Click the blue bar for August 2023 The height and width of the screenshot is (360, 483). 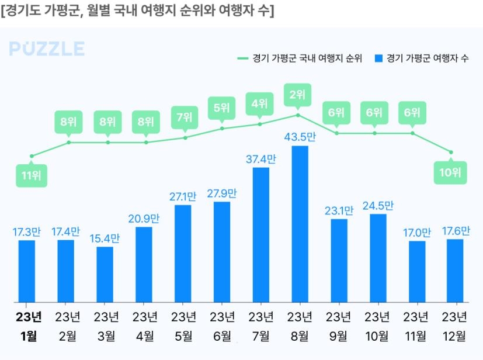click(300, 224)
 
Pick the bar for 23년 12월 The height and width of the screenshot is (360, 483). click(455, 271)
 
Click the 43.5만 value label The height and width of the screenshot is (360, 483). click(300, 137)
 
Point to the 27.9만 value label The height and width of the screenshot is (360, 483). click(222, 193)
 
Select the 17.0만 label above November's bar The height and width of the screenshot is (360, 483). click(416, 232)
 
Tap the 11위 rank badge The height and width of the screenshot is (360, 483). click(31, 176)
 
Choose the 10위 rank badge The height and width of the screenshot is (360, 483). click(451, 172)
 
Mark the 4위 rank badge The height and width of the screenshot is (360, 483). click(259, 104)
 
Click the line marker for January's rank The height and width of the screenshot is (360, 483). click(32, 156)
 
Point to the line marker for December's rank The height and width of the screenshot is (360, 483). click(451, 153)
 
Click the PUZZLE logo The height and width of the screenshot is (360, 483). click(47, 49)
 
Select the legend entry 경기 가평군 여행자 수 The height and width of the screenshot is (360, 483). click(422, 58)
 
